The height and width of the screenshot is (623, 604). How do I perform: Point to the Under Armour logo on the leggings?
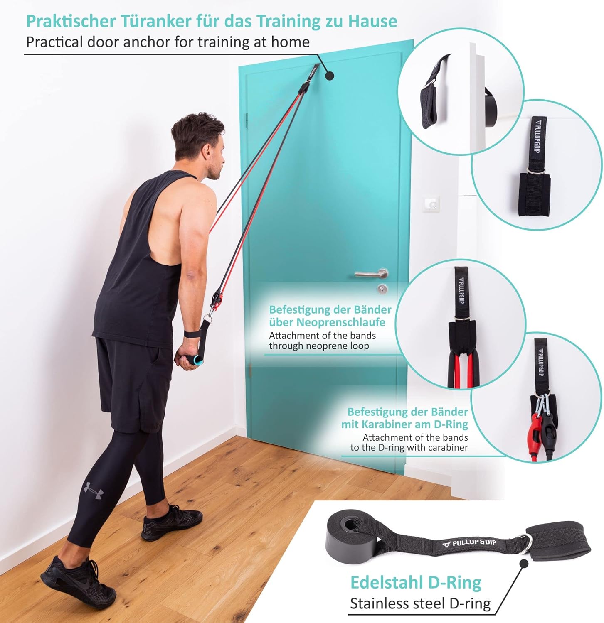pyautogui.click(x=94, y=490)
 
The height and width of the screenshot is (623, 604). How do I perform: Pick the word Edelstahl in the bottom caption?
pyautogui.click(x=387, y=583)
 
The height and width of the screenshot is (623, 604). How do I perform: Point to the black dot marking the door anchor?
pyautogui.click(x=329, y=76)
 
